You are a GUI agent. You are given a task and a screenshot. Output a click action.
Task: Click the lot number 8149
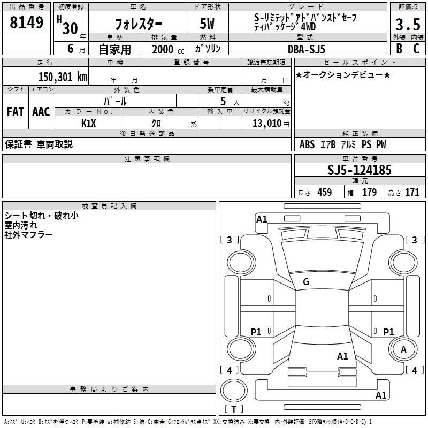[x=27, y=22]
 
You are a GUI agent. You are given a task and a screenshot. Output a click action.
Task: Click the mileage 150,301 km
[x=63, y=77]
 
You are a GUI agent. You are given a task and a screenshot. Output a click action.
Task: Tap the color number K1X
[x=89, y=123]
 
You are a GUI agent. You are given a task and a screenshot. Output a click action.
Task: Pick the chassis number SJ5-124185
[x=360, y=171]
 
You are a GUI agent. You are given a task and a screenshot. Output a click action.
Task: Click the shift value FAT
[x=15, y=112]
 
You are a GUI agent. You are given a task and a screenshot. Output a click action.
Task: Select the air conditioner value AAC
[x=41, y=112]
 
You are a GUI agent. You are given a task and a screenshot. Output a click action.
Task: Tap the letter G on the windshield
[x=305, y=282]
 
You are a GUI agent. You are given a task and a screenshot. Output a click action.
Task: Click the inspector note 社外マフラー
[x=28, y=235]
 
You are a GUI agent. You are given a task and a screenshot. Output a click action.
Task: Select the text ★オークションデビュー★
[x=342, y=75]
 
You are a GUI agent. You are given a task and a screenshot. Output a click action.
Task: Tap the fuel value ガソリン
[x=208, y=49]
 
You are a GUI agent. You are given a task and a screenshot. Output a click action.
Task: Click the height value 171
[x=412, y=193]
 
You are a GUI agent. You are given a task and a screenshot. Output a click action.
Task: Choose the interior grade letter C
[x=416, y=48]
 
